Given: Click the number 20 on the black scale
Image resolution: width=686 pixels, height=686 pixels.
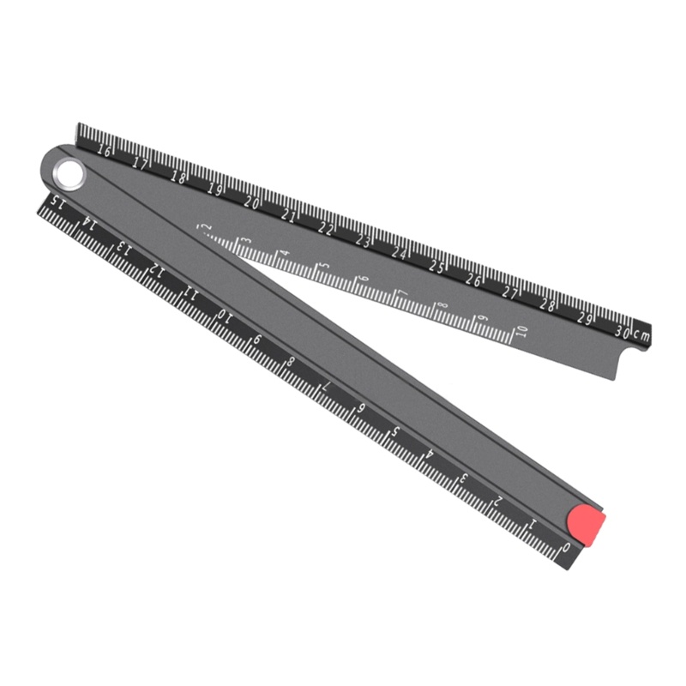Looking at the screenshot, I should click(251, 202).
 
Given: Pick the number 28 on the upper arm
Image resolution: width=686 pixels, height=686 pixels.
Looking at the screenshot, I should click(548, 305).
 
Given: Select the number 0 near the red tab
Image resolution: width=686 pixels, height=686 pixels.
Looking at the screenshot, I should click(565, 546).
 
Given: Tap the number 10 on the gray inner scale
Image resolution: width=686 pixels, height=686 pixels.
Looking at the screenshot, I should click(522, 331).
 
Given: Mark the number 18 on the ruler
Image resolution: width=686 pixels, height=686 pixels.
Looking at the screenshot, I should click(178, 177).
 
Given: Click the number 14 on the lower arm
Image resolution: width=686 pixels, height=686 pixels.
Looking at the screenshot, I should click(87, 224).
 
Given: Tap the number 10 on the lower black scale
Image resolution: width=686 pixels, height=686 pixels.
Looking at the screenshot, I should click(224, 316).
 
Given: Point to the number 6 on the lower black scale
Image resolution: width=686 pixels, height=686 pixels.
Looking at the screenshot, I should click(361, 408).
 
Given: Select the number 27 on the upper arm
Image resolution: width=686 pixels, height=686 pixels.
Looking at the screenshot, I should click(511, 292).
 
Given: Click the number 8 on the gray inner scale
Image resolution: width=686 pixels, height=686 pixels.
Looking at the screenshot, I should click(442, 306).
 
